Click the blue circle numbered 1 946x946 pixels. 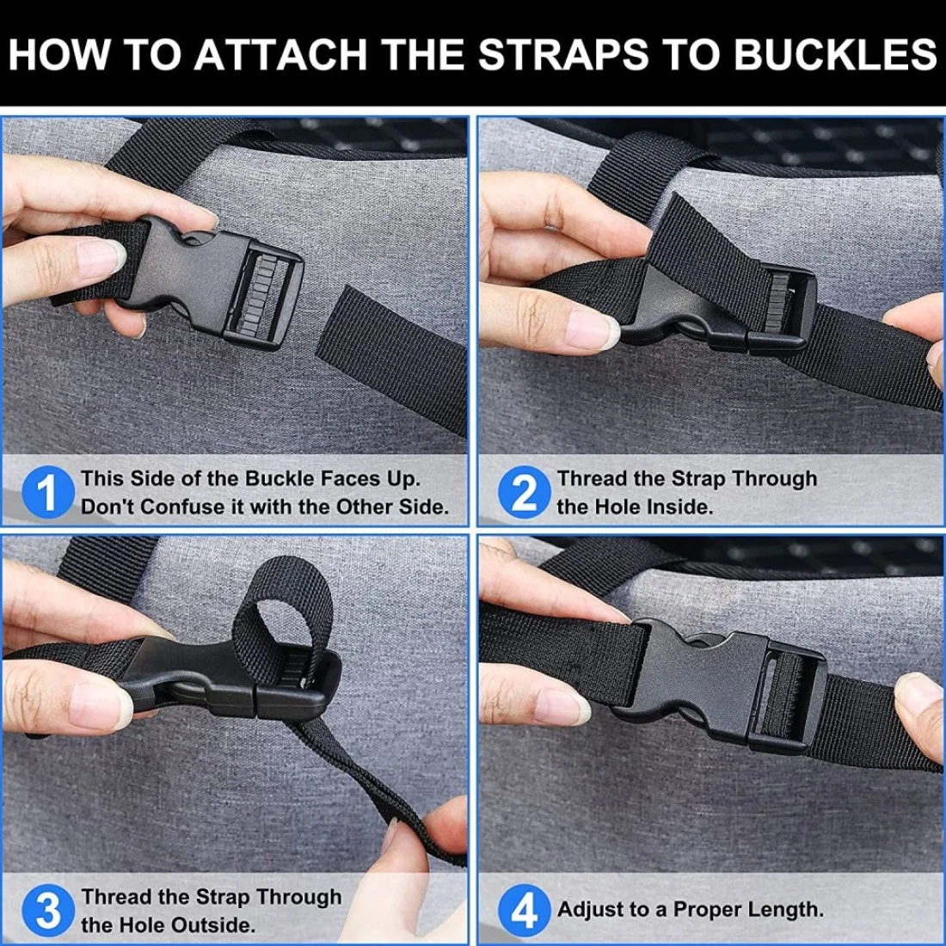pyautogui.click(x=48, y=492)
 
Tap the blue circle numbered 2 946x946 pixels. pyautogui.click(x=525, y=492)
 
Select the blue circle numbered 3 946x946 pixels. pyautogui.click(x=48, y=911)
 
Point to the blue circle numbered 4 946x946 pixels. pyautogui.click(x=525, y=911)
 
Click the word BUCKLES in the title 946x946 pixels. pyautogui.click(x=835, y=54)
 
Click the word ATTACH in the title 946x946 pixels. pyautogui.click(x=280, y=54)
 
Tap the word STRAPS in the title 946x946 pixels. pyautogui.click(x=563, y=54)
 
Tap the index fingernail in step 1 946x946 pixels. pyautogui.click(x=100, y=256)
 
